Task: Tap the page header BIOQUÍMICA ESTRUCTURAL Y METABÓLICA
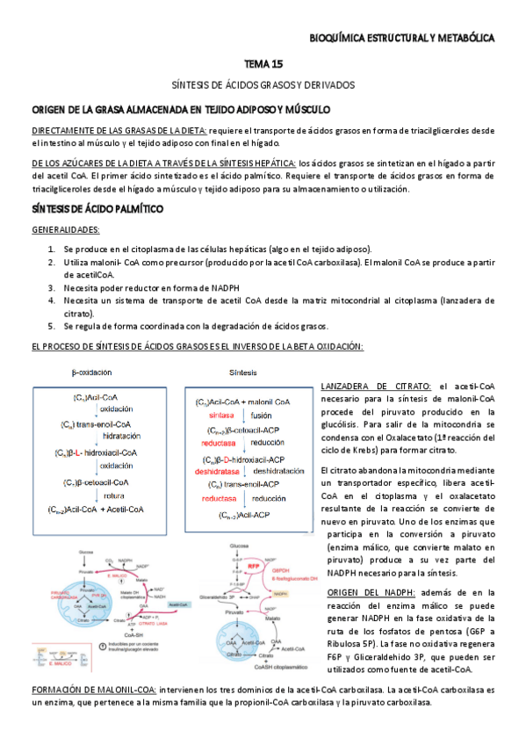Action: [x=403, y=39]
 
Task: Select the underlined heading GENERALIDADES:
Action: [x=66, y=230]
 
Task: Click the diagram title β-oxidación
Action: [x=91, y=372]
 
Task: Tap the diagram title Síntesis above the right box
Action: [x=243, y=372]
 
